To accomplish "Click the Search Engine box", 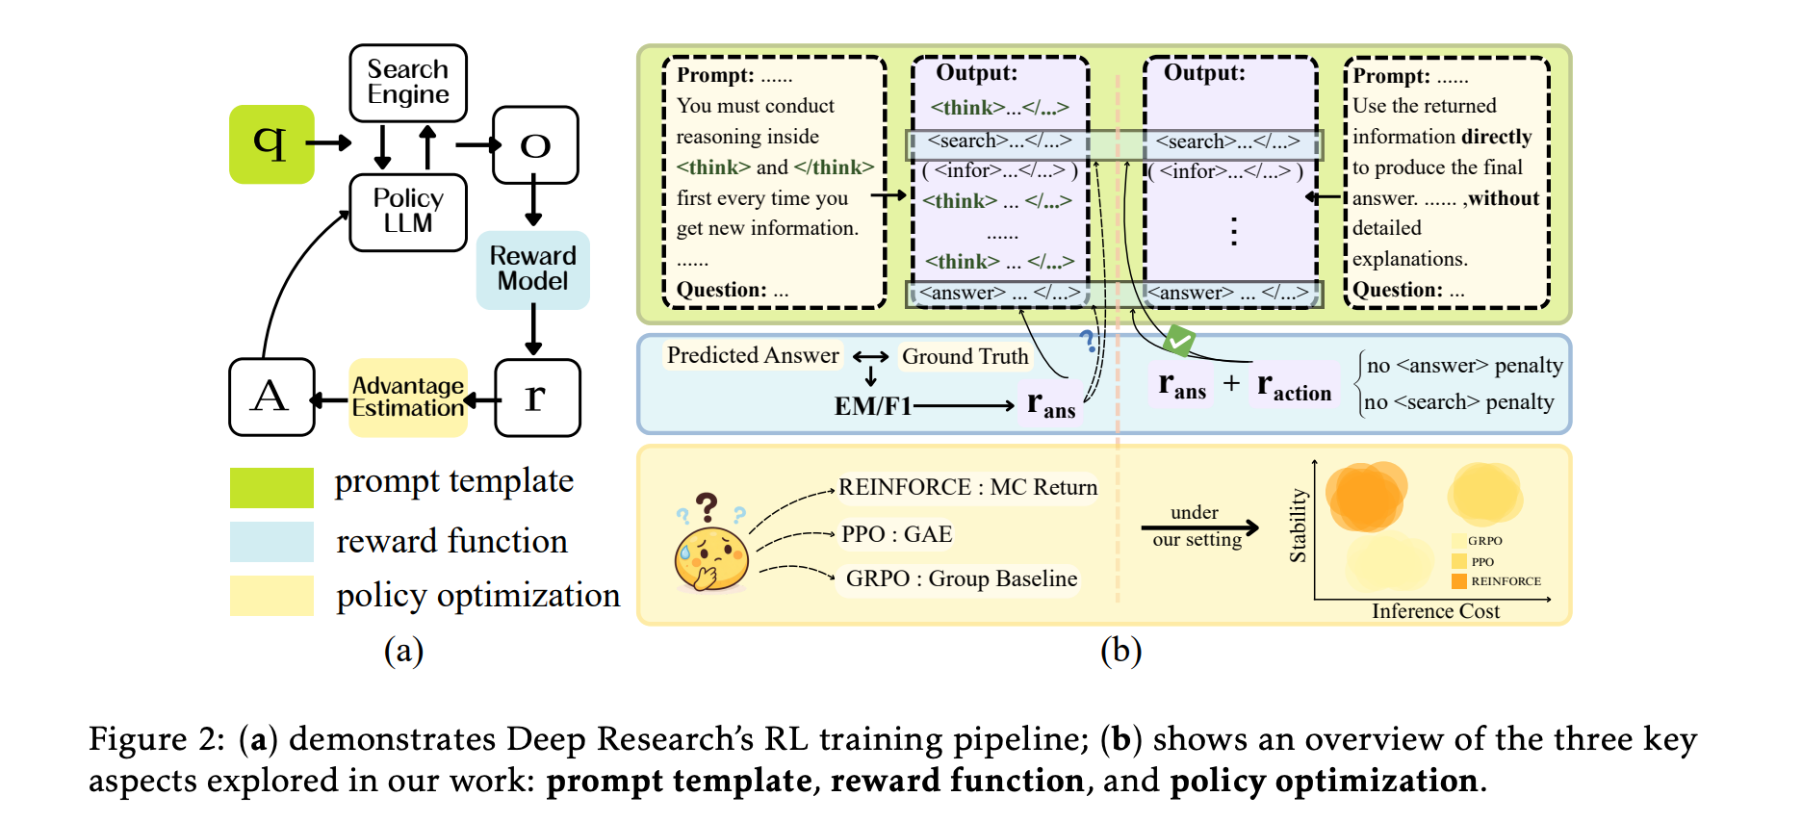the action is [x=408, y=83].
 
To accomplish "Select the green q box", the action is [x=271, y=144].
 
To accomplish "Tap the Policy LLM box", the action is [x=408, y=212].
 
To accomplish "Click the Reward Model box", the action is [x=532, y=270].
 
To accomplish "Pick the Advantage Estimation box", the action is [x=408, y=398].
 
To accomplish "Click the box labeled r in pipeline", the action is [x=537, y=398].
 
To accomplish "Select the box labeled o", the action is [x=535, y=144].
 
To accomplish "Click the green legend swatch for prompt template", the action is [x=271, y=487].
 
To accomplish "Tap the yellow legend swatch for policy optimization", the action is [x=271, y=595].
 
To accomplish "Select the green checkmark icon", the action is [x=1179, y=340].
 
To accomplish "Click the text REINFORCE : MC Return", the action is [x=967, y=487].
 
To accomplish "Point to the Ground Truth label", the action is [x=965, y=356].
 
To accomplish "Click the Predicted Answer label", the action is [x=753, y=355].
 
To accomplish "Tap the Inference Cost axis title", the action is [x=1435, y=611].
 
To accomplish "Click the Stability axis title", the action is [x=1299, y=526].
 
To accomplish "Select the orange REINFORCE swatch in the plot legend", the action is [x=1459, y=581].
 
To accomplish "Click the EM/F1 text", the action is [x=872, y=406].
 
